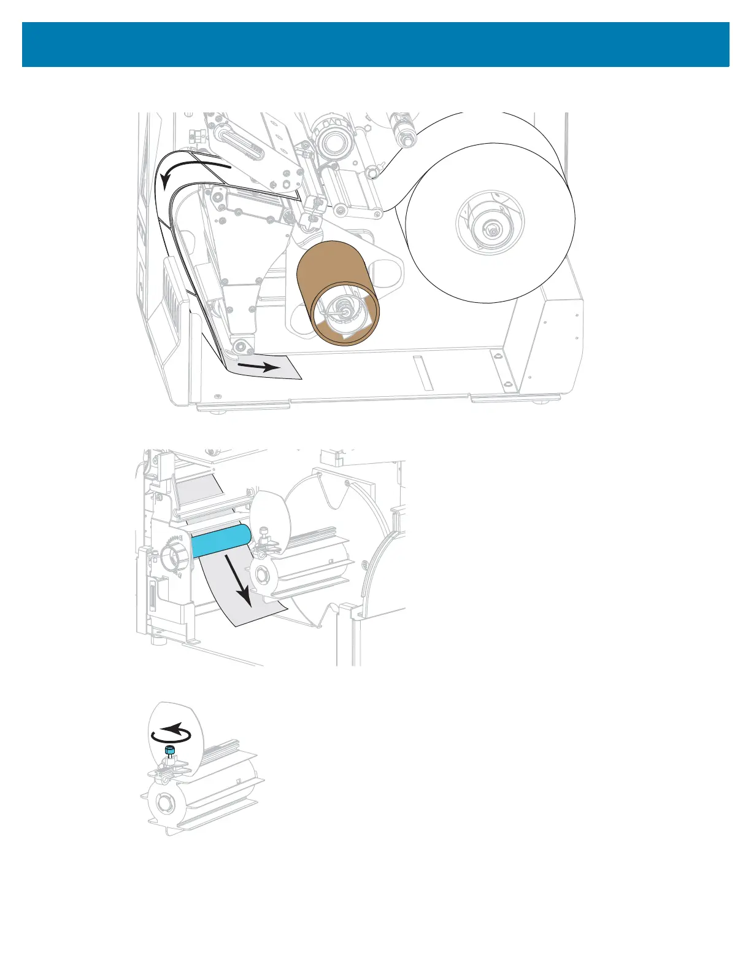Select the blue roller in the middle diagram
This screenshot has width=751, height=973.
point(221,540)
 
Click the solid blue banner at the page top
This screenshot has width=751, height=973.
point(375,45)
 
